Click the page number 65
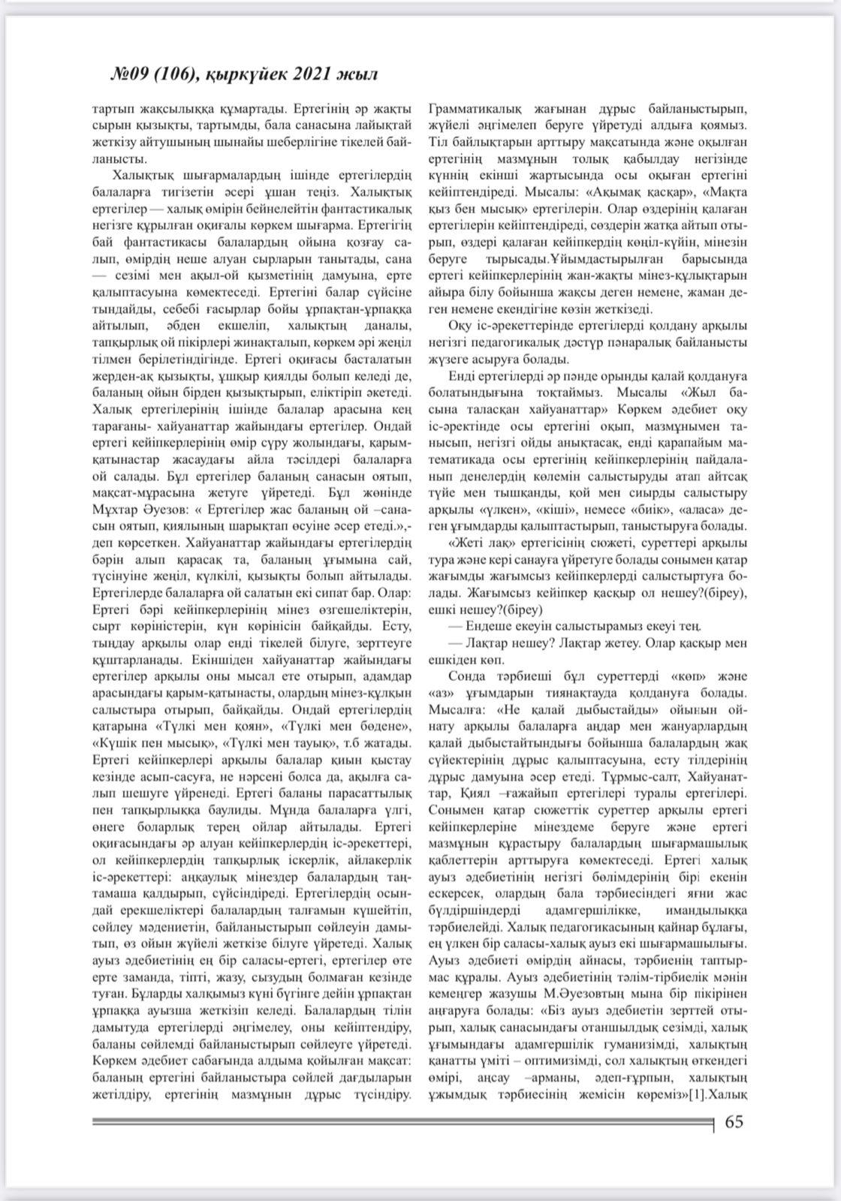coord(733,1122)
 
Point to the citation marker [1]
coord(698,1095)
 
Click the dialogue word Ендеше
coord(491,625)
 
